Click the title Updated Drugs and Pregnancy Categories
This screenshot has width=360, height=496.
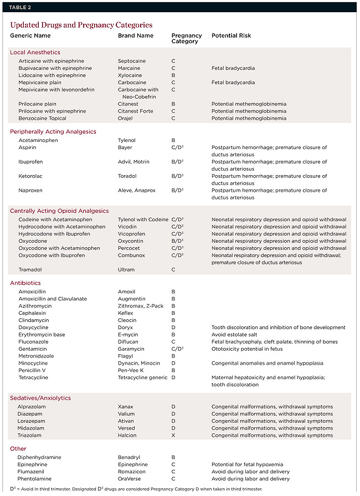[x=81, y=25]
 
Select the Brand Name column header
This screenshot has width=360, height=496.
[x=136, y=35]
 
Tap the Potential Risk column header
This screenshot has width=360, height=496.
[x=231, y=35]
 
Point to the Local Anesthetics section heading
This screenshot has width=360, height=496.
[x=35, y=52]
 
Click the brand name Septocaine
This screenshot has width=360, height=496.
[x=131, y=61]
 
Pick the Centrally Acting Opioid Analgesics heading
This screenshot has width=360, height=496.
[x=59, y=211]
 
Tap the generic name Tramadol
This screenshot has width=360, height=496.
[x=30, y=270]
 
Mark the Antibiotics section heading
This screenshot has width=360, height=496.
[x=25, y=283]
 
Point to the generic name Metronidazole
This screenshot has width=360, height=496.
[x=37, y=356]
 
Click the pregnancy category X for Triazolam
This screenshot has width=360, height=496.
[x=173, y=436]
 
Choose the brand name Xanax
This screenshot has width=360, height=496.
[x=126, y=407]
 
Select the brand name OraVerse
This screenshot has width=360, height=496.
[x=130, y=479]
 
